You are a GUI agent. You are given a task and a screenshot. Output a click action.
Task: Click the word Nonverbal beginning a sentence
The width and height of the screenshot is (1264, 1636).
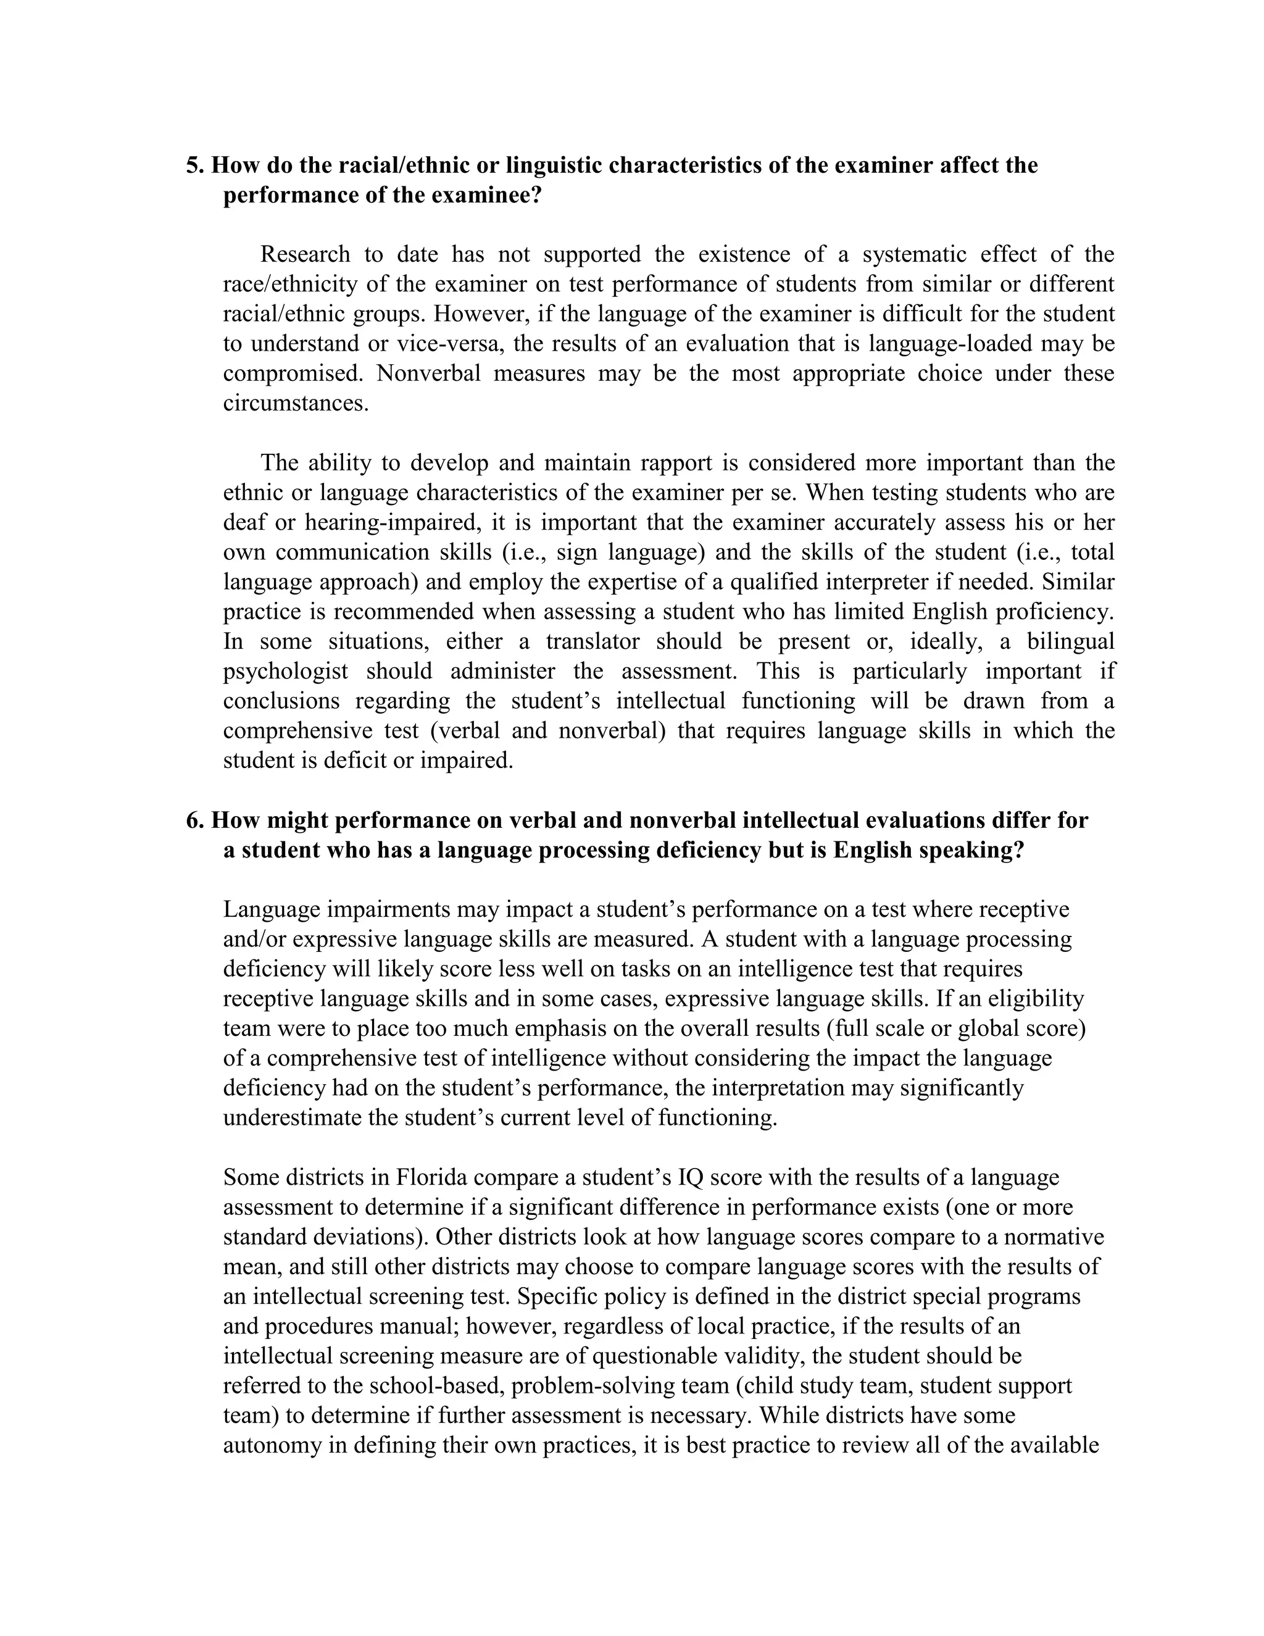(428, 374)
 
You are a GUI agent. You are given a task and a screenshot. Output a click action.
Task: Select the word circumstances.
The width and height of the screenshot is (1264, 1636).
(296, 404)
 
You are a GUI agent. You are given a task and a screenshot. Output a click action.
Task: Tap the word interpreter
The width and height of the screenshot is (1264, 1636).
(905, 582)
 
